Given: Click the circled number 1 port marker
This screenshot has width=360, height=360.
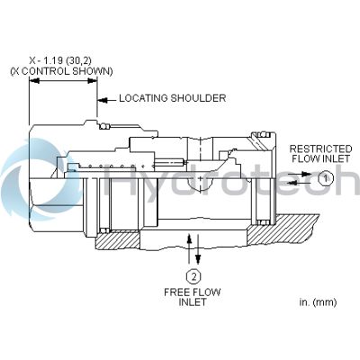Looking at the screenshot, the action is [325, 178].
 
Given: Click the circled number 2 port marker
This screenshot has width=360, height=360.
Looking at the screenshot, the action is [193, 276].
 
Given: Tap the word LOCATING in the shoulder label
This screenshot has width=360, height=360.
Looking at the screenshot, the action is [143, 98].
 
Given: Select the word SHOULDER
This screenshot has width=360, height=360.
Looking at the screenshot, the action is [198, 98].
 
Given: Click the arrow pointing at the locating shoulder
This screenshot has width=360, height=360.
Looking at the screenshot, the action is [107, 100].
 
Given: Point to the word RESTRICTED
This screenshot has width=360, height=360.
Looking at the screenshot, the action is [320, 148].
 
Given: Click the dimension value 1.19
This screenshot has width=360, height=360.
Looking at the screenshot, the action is [54, 60].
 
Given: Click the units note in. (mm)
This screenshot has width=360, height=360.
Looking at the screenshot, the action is [318, 302].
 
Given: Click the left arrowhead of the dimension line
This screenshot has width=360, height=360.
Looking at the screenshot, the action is [34, 81].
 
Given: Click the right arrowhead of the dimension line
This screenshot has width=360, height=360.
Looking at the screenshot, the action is [92, 81].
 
